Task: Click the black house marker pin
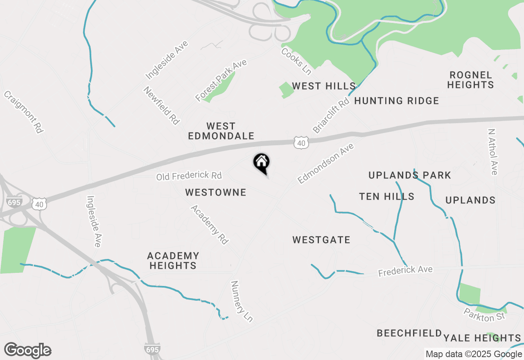click(261, 162)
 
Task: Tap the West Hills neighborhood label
click(323, 86)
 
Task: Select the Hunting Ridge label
click(396, 101)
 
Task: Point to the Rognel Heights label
click(470, 80)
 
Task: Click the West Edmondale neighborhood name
click(221, 131)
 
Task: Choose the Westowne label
click(216, 192)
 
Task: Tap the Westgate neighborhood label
click(321, 240)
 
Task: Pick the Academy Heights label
click(173, 261)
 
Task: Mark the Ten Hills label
click(387, 197)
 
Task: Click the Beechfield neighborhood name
click(409, 333)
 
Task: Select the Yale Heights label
click(482, 338)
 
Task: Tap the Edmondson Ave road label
click(325, 163)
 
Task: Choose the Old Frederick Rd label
click(189, 176)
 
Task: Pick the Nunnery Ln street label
click(242, 301)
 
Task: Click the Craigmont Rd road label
click(23, 112)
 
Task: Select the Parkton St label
click(485, 315)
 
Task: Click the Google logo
click(27, 351)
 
